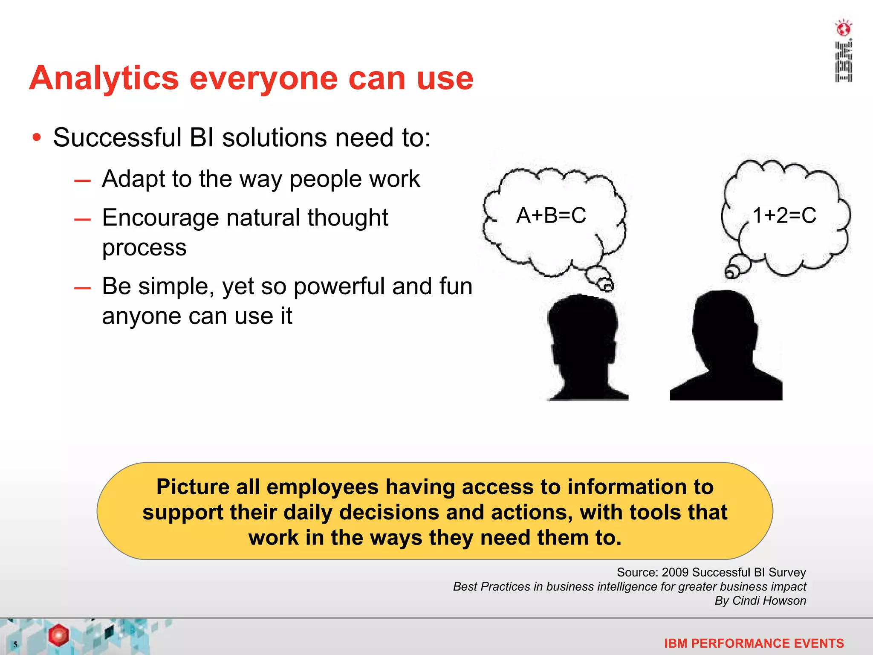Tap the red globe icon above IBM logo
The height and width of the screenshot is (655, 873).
pos(843,29)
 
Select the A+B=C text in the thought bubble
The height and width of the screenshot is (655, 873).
pos(551,215)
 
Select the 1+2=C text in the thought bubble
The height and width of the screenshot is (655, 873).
pos(784,215)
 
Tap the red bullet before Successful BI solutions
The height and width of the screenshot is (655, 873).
pos(37,138)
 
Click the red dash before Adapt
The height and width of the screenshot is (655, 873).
pos(82,181)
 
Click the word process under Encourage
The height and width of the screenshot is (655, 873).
pos(144,248)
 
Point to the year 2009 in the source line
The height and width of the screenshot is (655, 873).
pos(675,572)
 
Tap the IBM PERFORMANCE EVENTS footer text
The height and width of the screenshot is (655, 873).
pos(754,643)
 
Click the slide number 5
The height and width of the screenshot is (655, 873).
pos(15,644)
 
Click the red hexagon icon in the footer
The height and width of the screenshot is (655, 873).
pos(58,635)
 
